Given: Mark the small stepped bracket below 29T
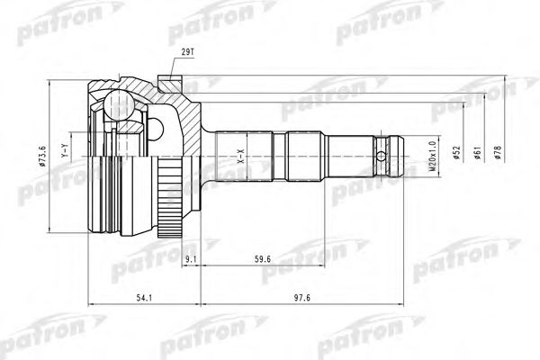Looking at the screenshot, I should [x=168, y=84].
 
